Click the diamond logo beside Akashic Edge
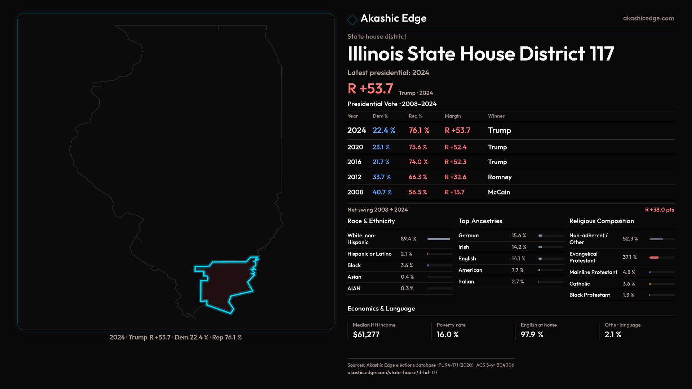352,19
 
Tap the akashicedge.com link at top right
648,18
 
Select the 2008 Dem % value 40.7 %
382,192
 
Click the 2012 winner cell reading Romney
500,177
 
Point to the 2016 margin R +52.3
456,162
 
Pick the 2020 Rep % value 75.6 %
418,147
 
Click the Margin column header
453,116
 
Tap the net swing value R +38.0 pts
659,210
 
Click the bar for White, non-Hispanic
439,239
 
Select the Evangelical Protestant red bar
654,258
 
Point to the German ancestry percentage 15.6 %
519,236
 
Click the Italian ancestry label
466,282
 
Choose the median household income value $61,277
366,335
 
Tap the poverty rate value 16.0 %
448,335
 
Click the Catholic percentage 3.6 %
629,284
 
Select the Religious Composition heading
602,221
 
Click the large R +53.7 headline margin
370,89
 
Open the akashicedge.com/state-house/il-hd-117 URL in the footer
392,373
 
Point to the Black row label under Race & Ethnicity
354,265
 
